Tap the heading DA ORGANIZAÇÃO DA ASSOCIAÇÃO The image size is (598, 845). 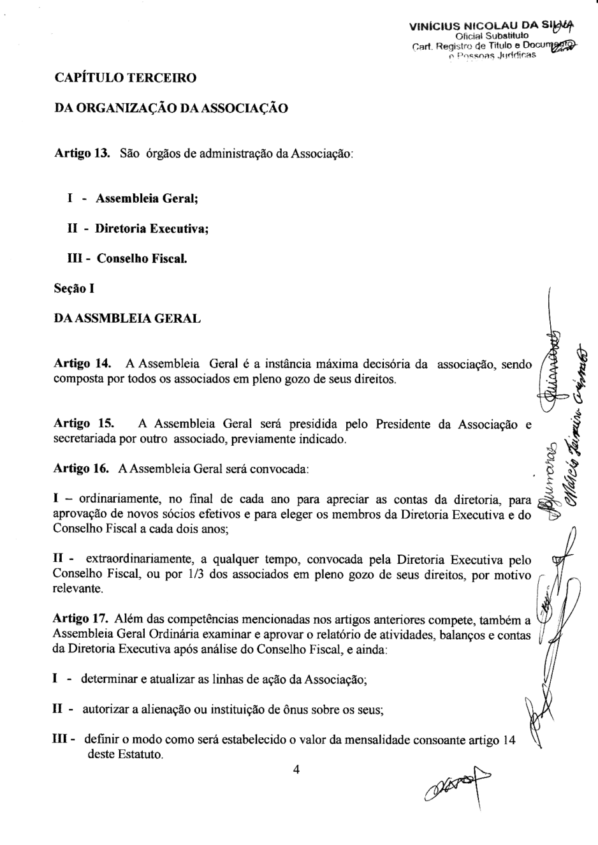171,108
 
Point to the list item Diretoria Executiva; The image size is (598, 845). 153,228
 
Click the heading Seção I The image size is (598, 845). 75,288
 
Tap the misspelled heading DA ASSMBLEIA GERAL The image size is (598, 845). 128,318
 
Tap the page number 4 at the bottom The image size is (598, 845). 296,770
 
